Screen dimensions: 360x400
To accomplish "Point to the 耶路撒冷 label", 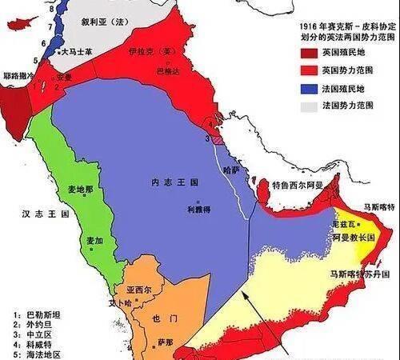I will coord(18,74).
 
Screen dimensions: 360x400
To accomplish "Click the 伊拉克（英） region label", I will coord(150,52).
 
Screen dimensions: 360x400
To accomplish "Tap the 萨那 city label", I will coord(165,342).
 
